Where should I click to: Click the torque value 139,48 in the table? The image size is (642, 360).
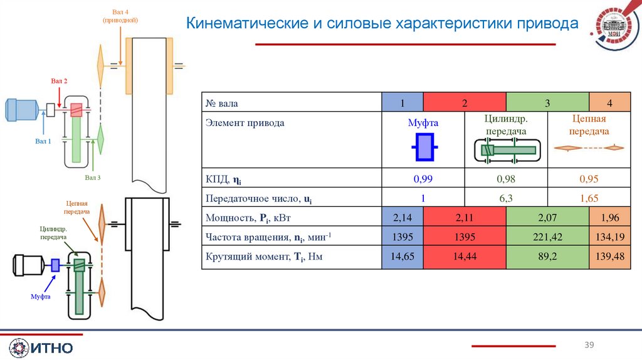pos(606,257)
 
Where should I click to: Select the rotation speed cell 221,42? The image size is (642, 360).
pos(547,238)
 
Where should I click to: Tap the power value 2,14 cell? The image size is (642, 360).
pos(403,218)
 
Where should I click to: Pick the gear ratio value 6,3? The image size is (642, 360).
pos(505,198)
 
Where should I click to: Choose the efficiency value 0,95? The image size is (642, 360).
pos(589,179)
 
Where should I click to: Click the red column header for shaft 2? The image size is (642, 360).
pos(465,102)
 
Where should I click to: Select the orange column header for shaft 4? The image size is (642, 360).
pos(609,102)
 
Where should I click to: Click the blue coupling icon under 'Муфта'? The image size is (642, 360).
pos(423,149)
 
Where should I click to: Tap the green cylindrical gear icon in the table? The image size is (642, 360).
pos(506,150)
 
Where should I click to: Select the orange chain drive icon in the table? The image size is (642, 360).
pos(589,148)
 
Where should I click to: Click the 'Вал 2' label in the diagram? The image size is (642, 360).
pos(59,82)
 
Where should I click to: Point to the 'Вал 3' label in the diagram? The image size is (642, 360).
pos(93,178)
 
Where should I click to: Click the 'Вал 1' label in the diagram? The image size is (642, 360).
pos(43,141)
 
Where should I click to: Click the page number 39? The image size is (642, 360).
pos(589,345)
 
